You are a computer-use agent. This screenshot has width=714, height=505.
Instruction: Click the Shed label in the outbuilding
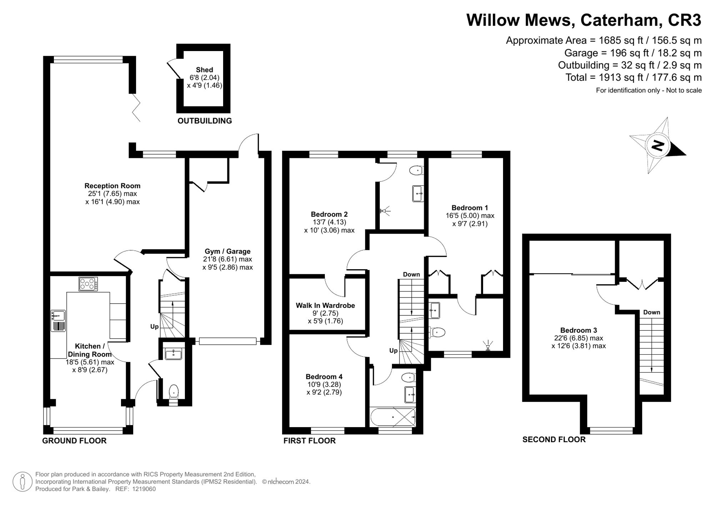(204, 70)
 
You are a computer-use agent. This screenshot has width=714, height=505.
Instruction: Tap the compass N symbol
(657, 145)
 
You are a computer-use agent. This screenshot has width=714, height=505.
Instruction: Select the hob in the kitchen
(88, 284)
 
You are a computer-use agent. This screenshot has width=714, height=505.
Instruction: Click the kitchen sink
(58, 315)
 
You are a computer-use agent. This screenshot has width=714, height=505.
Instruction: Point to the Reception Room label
(112, 186)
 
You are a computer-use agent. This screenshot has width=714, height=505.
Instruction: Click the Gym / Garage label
(227, 251)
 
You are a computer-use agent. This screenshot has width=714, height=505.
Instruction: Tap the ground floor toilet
(174, 391)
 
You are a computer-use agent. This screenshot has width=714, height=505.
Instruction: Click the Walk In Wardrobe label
(325, 305)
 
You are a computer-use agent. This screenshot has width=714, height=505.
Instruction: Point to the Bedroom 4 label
(324, 376)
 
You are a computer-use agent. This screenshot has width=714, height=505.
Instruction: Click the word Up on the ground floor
(154, 326)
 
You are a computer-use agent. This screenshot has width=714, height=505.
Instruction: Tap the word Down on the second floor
(652, 312)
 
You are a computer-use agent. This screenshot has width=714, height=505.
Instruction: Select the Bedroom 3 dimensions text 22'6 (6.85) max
(578, 338)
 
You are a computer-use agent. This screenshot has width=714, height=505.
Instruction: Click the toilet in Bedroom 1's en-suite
(437, 332)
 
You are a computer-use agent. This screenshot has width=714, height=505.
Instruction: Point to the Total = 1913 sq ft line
(633, 77)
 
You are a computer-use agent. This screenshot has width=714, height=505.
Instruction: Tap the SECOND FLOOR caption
(554, 440)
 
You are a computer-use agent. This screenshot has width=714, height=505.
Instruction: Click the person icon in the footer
(22, 481)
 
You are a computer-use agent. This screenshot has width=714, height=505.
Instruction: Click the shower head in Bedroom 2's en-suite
(385, 211)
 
